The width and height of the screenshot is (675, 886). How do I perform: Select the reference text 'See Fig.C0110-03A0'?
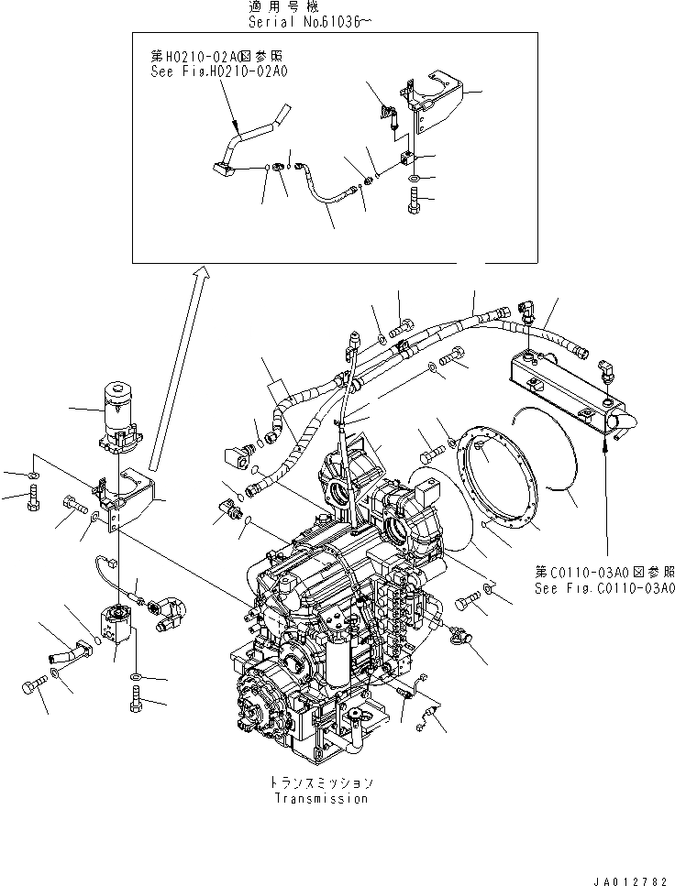(x=605, y=587)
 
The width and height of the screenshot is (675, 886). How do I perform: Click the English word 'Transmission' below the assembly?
(x=321, y=798)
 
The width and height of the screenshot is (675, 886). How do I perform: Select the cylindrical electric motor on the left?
(x=117, y=416)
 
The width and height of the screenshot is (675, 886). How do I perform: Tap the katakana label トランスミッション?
(x=321, y=783)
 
